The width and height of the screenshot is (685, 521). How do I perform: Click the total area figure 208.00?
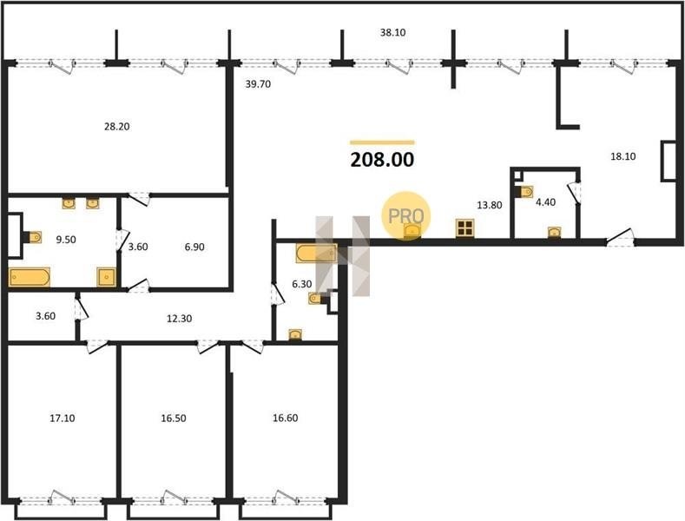tap(382, 160)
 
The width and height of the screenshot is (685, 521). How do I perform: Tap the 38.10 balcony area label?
tap(392, 32)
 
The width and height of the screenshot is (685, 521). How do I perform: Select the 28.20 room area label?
tap(117, 127)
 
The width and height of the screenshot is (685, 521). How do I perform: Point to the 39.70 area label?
tap(258, 84)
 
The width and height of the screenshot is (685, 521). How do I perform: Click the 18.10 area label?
tap(623, 156)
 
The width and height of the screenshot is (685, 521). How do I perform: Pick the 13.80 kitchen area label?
tap(490, 205)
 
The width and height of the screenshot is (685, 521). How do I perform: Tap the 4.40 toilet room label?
tap(545, 202)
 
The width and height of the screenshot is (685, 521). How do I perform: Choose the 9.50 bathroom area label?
tap(66, 240)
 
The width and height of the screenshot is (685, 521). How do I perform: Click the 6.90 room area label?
tap(194, 247)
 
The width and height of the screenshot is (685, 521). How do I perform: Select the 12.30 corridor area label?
tap(180, 319)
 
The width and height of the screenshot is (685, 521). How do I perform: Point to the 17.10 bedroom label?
tap(63, 419)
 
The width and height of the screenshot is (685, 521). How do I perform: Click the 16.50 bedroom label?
tap(174, 419)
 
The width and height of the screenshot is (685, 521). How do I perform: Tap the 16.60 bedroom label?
tap(286, 419)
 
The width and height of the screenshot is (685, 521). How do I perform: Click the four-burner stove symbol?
tap(464, 228)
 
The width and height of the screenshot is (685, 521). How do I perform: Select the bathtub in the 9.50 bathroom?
tap(30, 277)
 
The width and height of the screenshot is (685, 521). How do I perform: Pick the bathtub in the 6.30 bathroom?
tap(316, 254)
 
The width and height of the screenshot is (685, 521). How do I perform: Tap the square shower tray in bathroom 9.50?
tap(107, 277)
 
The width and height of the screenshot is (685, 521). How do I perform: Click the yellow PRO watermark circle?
tap(406, 215)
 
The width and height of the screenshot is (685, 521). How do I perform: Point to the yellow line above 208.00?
tap(382, 142)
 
